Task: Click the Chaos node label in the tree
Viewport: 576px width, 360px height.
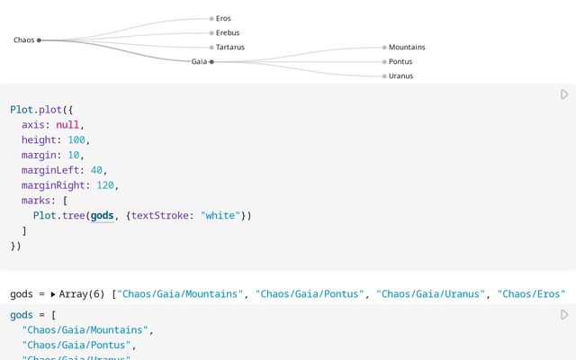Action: click(x=23, y=40)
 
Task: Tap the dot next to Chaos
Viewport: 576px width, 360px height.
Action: click(x=39, y=40)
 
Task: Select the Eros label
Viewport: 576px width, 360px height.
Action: click(x=223, y=18)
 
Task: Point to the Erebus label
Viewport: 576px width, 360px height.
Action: click(x=228, y=32)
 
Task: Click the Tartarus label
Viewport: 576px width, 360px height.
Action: click(x=230, y=47)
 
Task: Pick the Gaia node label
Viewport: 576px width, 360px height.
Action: click(x=199, y=61)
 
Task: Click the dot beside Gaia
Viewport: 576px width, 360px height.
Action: click(x=211, y=61)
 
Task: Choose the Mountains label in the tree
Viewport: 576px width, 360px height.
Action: click(x=407, y=47)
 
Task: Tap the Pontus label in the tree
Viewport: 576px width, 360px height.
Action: click(x=400, y=61)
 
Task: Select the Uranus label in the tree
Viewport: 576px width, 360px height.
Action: click(x=401, y=76)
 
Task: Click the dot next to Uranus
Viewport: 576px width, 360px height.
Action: click(x=384, y=76)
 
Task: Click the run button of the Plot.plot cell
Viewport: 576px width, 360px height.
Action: click(x=564, y=94)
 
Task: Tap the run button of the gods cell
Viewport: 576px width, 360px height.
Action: click(x=564, y=315)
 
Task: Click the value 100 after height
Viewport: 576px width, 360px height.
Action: click(x=78, y=139)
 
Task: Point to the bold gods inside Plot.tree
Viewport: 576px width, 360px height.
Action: click(x=103, y=215)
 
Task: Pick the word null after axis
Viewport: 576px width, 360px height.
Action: click(x=67, y=124)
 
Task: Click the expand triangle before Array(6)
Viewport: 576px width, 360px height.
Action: click(x=53, y=294)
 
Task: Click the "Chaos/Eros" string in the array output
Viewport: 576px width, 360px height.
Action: click(x=531, y=294)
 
